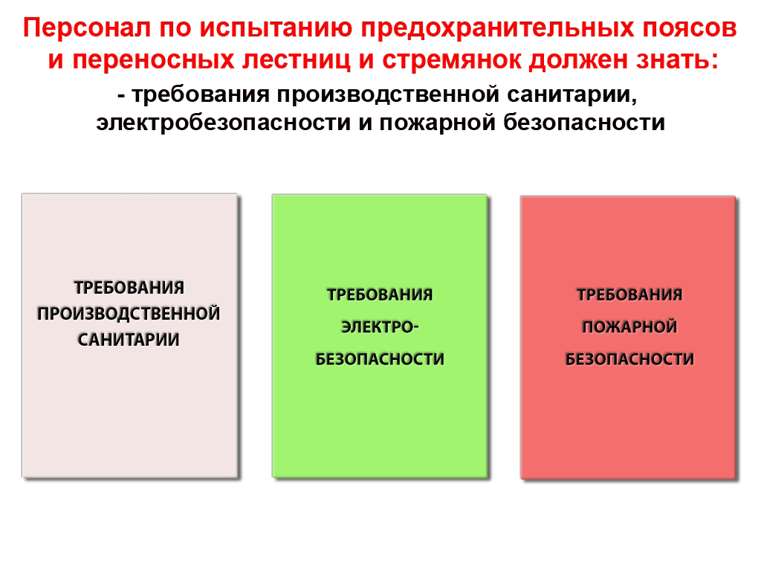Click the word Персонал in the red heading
87,28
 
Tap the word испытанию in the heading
276,29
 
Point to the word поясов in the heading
690,29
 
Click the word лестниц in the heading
296,61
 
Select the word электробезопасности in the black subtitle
223,123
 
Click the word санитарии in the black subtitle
571,95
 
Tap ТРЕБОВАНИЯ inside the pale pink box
129,288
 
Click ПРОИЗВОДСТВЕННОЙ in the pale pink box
129,314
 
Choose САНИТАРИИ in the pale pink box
129,340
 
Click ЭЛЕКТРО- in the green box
380,327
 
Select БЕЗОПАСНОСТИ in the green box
380,359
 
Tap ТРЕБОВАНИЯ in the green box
380,294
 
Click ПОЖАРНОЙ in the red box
629,327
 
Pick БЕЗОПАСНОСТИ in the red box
629,359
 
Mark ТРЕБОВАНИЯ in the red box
629,294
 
